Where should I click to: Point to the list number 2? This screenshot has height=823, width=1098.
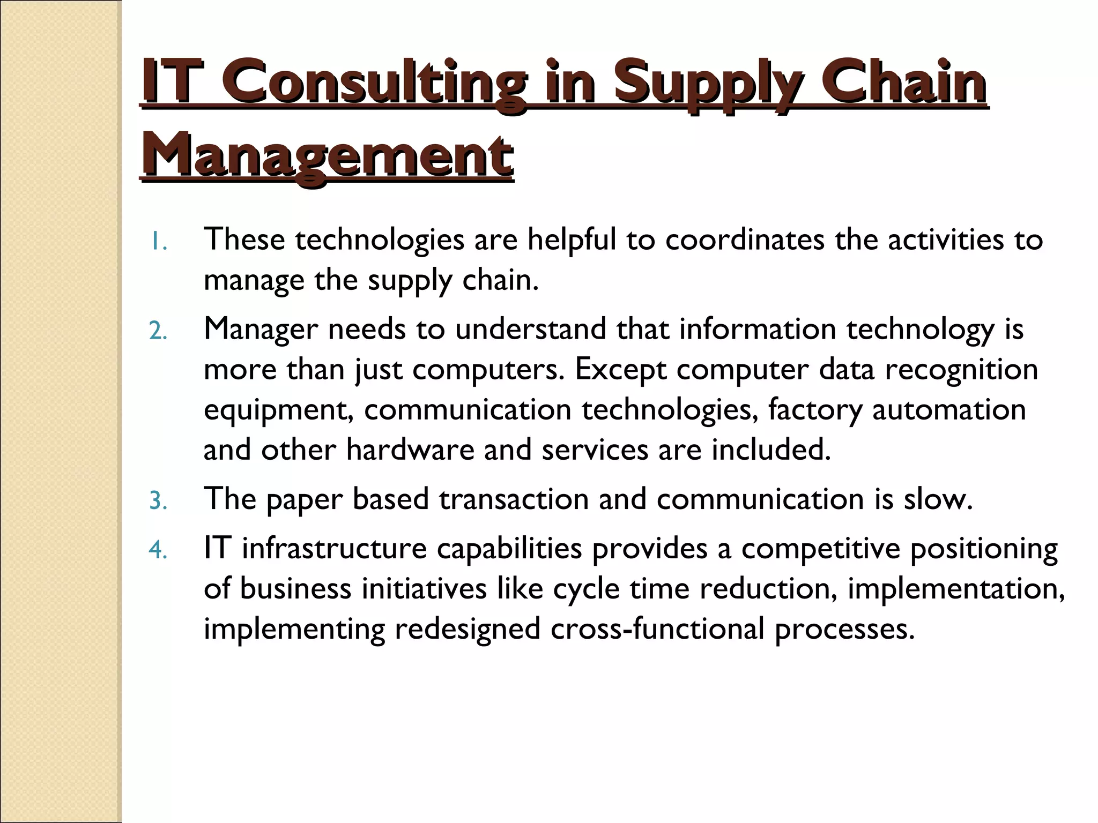click(x=158, y=332)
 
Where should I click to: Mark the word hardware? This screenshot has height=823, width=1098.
click(x=410, y=450)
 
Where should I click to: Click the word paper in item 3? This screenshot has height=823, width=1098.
click(x=304, y=500)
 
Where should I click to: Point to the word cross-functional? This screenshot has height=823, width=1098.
click(x=657, y=629)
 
